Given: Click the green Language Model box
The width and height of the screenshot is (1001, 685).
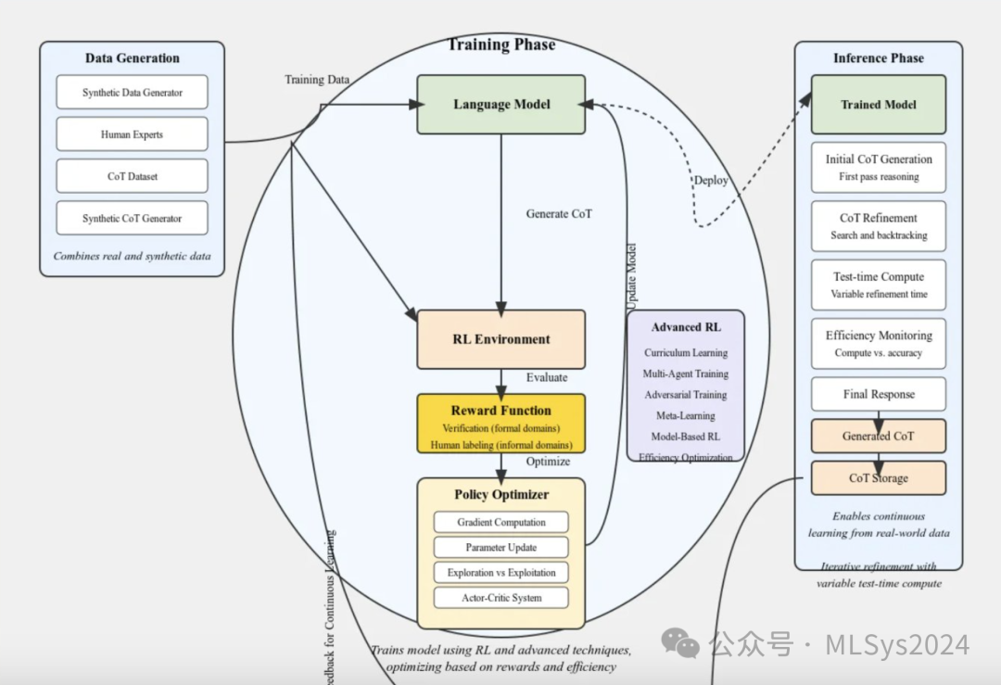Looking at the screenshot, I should pos(501,105).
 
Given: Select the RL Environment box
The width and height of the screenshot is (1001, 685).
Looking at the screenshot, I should pos(501,339).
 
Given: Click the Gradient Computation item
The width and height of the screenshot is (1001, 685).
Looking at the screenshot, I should pos(500,522).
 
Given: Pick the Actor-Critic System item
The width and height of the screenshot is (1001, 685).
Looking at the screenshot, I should pos(500,598).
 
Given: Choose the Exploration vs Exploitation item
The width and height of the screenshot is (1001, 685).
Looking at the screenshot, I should pos(500,573).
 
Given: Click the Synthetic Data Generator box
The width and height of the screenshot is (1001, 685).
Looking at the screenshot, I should pos(132,93).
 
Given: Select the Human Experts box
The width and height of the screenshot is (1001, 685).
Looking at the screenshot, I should pos(132,134).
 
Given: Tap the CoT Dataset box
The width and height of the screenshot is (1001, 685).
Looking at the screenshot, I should pos(132,176).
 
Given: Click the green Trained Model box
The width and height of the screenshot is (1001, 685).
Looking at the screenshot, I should pos(879,105).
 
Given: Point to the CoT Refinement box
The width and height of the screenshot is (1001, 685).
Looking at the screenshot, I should pos(879,226).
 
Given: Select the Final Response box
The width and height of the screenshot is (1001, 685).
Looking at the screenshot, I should pos(879,394).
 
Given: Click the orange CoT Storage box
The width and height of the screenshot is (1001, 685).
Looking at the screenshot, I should pos(879,478).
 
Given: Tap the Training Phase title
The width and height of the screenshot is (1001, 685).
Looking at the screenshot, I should pos(501,44).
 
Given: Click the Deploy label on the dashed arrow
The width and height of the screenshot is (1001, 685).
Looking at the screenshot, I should pos(711,180).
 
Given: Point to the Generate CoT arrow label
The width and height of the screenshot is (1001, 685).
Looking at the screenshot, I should pos(559,214).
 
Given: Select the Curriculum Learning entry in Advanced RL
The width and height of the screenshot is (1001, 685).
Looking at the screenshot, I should pos(686,353).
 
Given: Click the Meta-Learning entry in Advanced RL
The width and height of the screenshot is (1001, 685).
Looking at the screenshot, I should pos(686,416).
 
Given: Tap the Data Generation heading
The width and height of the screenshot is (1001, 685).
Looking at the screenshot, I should pos(133,58).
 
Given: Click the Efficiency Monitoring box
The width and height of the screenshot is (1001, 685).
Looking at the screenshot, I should pos(879,343).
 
